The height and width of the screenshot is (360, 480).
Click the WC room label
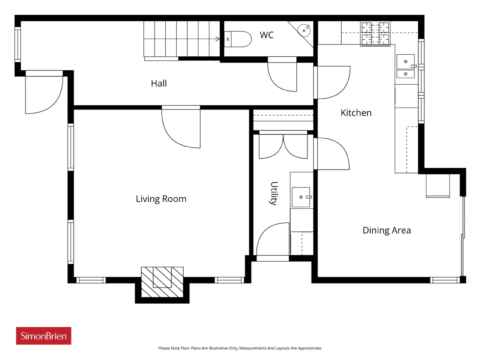click(x=266, y=35)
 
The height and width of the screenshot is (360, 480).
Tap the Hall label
click(x=159, y=83)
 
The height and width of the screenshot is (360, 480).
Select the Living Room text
click(x=161, y=199)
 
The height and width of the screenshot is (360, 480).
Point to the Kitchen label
click(x=356, y=113)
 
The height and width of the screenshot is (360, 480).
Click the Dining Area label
click(x=387, y=230)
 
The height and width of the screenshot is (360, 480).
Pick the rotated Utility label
click(x=274, y=193)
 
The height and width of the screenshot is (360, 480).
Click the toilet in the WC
click(x=238, y=39)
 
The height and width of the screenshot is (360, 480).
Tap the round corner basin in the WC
click(x=304, y=31)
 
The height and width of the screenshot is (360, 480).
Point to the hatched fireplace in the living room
click(x=162, y=282)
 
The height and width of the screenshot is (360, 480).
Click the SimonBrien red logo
click(x=43, y=336)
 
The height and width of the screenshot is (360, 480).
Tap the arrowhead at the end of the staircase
click(x=217, y=39)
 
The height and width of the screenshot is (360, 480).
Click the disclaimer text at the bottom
click(x=240, y=348)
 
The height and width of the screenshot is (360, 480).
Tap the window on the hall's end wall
click(x=18, y=44)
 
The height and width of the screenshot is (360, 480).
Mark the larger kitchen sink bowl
click(x=406, y=61)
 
